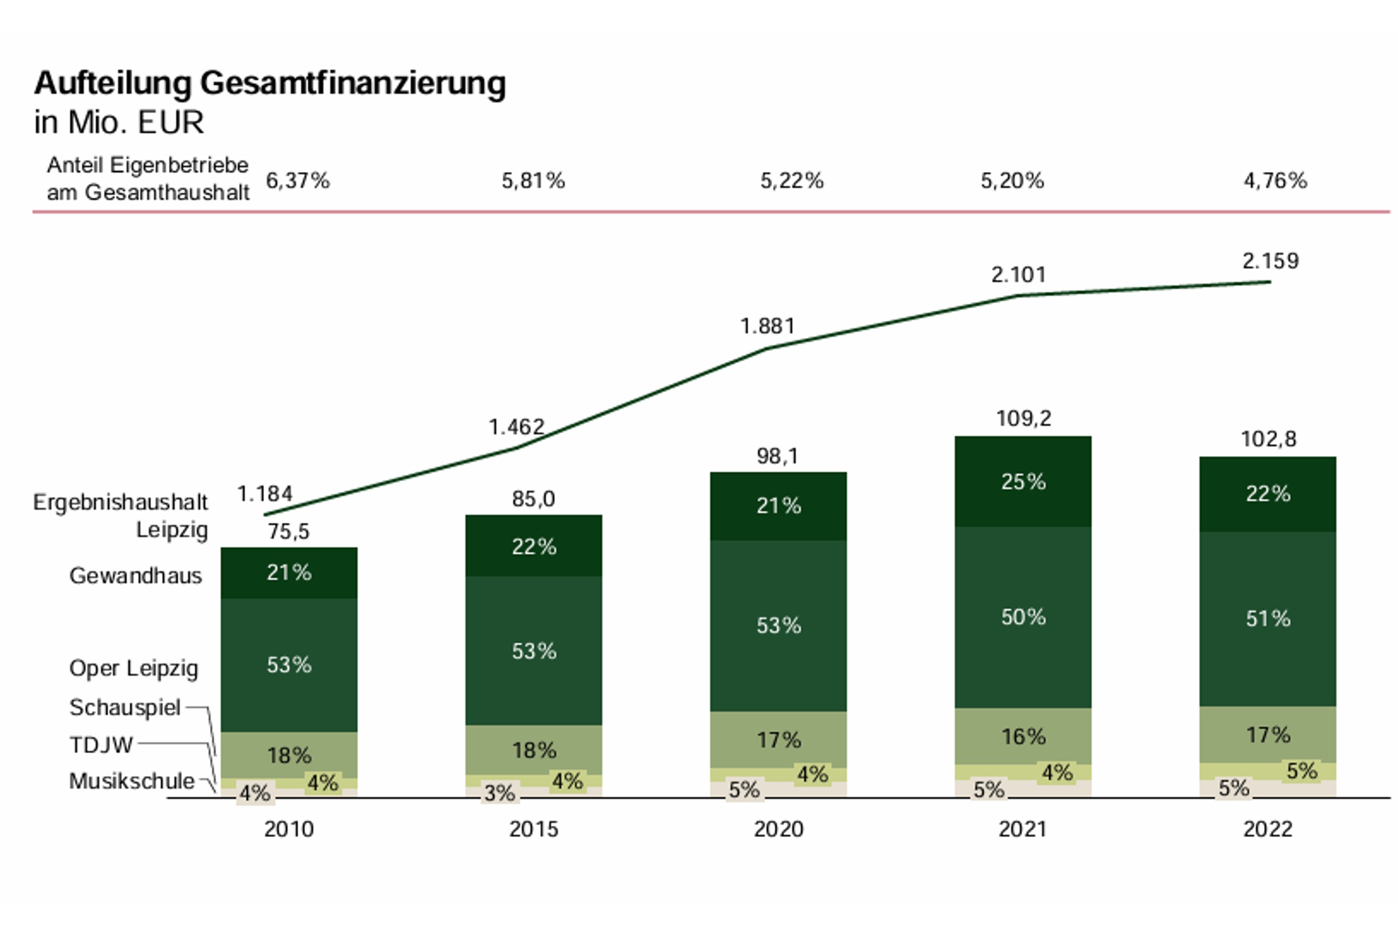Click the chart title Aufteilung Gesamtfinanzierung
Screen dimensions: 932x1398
pos(270,83)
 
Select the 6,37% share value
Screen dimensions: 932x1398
pos(298,181)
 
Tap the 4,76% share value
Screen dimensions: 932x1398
pos(1275,181)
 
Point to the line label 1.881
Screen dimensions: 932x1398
pos(767,326)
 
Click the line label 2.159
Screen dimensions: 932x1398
pos(1270,261)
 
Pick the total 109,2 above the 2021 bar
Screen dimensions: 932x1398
pos(1023,419)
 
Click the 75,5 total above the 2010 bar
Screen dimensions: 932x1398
pos(288,532)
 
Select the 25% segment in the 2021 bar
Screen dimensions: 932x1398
pos(1023,482)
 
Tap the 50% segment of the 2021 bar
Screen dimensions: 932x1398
pos(1023,617)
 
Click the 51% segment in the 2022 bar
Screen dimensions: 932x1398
pos(1268,619)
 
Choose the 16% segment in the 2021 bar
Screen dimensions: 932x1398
pos(1023,737)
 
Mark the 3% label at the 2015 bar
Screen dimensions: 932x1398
pos(500,793)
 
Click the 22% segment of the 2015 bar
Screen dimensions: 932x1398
pos(534,547)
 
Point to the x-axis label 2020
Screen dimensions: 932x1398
pos(778,829)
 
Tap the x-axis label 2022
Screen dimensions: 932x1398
pos(1268,829)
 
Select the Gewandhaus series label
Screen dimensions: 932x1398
pos(135,576)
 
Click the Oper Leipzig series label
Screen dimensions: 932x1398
pos(134,669)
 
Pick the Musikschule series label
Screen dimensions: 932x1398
pos(132,781)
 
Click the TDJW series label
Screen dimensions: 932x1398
pos(101,744)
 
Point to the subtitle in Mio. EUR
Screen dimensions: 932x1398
pos(119,122)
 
